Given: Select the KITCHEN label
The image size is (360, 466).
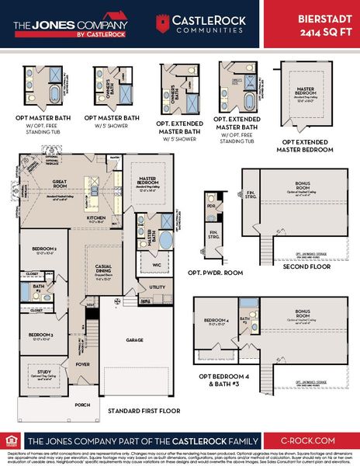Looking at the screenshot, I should [95, 217].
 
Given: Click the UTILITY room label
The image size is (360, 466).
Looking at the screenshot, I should [158, 287].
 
